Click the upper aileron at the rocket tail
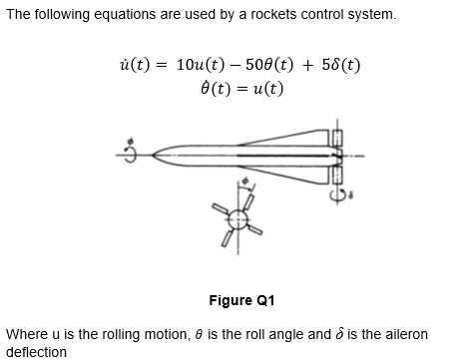337,138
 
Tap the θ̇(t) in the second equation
216,88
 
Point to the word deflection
36,351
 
